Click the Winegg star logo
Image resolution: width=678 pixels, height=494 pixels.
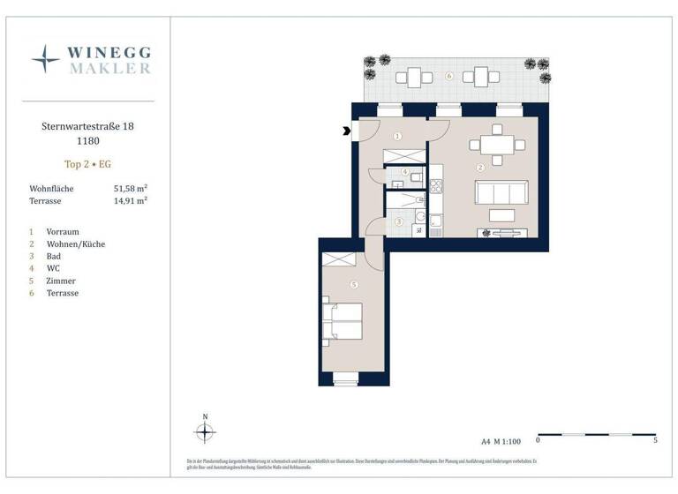click(45, 58)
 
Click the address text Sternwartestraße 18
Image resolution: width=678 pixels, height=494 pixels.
click(88, 127)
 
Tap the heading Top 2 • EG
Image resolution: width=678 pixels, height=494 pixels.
click(88, 164)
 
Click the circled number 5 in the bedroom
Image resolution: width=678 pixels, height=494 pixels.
click(353, 285)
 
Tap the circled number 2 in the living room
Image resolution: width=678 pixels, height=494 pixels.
click(480, 167)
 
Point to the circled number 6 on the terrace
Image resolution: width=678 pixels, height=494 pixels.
click(449, 77)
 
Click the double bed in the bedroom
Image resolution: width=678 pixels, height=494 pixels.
click(343, 320)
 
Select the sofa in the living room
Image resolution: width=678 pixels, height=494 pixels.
click(501, 191)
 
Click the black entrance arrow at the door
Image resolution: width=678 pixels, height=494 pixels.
click(346, 133)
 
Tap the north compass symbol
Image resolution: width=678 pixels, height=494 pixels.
click(205, 432)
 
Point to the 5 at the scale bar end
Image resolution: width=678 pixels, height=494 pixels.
click(655, 439)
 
